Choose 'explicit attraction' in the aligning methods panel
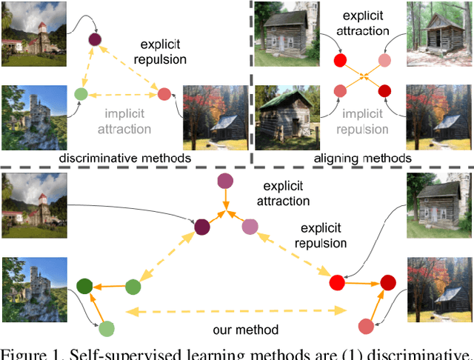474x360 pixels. [362, 24]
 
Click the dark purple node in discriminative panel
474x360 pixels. [94, 40]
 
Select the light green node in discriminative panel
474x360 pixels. [81, 94]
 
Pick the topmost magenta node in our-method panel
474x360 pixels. [225, 181]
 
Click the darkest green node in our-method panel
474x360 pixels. [84, 287]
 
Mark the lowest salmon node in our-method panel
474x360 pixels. [364, 326]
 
